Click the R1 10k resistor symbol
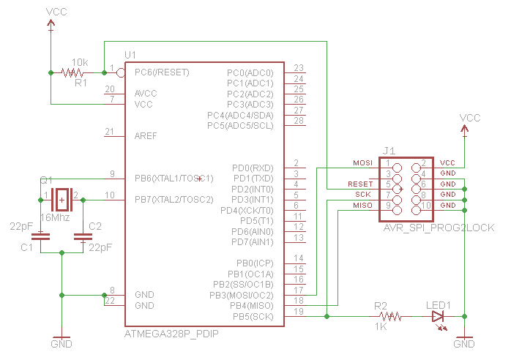tap(72, 72)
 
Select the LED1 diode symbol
tap(439, 316)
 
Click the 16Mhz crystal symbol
tap(62, 198)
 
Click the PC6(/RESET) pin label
tap(162, 72)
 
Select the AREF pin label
tap(146, 136)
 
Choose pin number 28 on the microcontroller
tap(299, 121)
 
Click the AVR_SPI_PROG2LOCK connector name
tap(439, 228)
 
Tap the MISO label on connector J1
tap(362, 206)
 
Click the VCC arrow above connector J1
tap(465, 129)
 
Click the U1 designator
tap(130, 56)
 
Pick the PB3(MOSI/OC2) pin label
tap(242, 295)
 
